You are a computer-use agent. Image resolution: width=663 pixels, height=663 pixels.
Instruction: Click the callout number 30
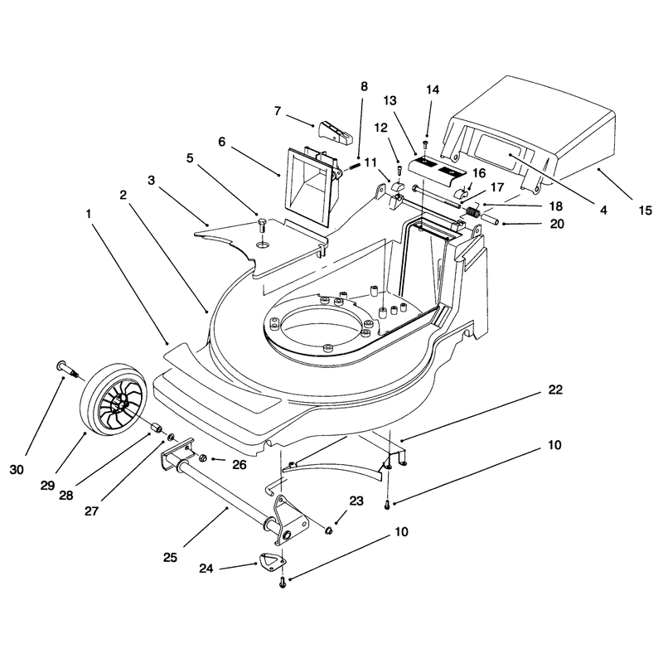tap(17, 469)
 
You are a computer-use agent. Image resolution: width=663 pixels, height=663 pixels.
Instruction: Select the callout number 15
tap(646, 211)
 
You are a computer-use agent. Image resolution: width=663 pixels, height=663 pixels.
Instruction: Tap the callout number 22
tap(555, 390)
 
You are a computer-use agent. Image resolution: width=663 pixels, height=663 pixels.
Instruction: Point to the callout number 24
tap(206, 569)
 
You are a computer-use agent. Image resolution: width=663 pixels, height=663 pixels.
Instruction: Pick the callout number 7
tap(278, 111)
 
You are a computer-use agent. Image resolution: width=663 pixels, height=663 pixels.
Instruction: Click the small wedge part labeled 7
tap(335, 132)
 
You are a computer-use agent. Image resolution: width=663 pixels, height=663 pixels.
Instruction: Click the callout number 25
tap(170, 557)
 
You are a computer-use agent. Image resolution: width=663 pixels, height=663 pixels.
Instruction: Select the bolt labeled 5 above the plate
tap(263, 225)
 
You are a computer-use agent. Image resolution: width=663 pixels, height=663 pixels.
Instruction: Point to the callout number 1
tap(89, 214)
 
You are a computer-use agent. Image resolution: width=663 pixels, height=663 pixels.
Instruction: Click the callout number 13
tap(390, 100)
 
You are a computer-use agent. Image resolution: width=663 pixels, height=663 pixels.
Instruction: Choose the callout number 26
tap(240, 465)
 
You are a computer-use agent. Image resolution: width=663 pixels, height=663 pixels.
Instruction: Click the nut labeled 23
tap(328, 530)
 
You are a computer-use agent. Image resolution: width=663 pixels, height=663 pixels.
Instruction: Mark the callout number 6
tap(222, 142)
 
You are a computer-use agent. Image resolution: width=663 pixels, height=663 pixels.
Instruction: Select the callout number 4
tap(603, 211)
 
